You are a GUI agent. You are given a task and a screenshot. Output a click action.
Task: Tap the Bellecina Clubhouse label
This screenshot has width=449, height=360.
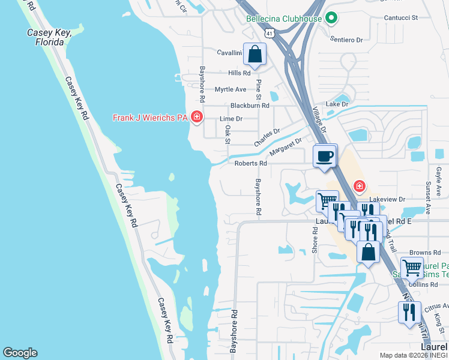(285, 19)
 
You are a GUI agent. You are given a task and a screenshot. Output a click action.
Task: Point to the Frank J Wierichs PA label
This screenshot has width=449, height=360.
(149, 118)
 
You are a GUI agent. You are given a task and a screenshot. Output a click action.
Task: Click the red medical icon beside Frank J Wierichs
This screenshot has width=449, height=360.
(196, 116)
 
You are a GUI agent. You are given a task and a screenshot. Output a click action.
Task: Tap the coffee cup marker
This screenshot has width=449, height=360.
(325, 157)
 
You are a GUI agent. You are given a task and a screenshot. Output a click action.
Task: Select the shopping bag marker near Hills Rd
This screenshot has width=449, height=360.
(255, 54)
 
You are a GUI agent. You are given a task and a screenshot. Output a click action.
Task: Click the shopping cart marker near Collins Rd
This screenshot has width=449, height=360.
(412, 268)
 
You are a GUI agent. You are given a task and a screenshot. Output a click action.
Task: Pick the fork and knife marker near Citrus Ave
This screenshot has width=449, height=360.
(408, 312)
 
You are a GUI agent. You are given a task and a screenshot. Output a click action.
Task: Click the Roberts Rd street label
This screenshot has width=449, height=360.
(251, 163)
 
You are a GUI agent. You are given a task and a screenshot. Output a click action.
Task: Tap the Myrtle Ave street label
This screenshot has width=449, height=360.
(231, 89)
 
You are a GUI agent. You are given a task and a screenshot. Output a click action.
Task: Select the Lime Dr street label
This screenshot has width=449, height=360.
(231, 119)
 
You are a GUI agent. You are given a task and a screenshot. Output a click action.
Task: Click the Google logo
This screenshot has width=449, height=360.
(20, 353)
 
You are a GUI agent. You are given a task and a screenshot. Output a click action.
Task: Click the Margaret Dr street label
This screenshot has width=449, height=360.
(286, 146)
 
